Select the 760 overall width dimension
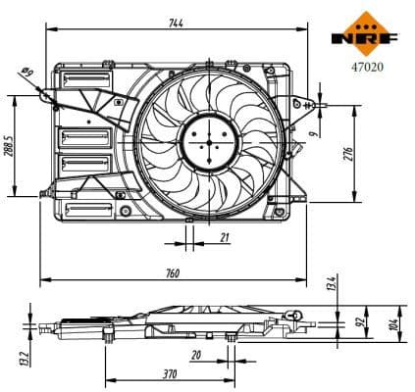[173, 273]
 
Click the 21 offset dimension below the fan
[225, 238]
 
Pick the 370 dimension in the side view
[170, 373]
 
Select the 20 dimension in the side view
[196, 355]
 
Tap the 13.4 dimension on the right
[332, 285]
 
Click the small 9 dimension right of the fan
[312, 126]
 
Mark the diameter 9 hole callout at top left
[26, 73]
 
